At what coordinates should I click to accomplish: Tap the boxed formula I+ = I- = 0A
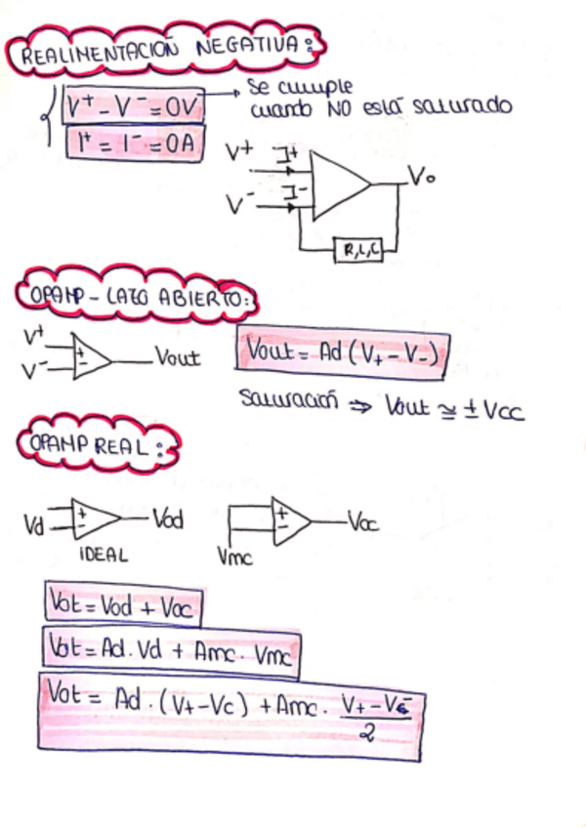pyautogui.click(x=134, y=144)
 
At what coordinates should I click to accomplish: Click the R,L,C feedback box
pyautogui.click(x=358, y=250)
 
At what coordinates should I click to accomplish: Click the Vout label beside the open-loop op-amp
pyautogui.click(x=177, y=358)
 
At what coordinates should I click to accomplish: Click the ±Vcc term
pyautogui.click(x=492, y=410)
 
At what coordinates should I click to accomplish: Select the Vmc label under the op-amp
pyautogui.click(x=234, y=557)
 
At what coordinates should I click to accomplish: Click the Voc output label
pyautogui.click(x=362, y=523)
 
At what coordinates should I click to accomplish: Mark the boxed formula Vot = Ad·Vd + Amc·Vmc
pyautogui.click(x=170, y=652)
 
